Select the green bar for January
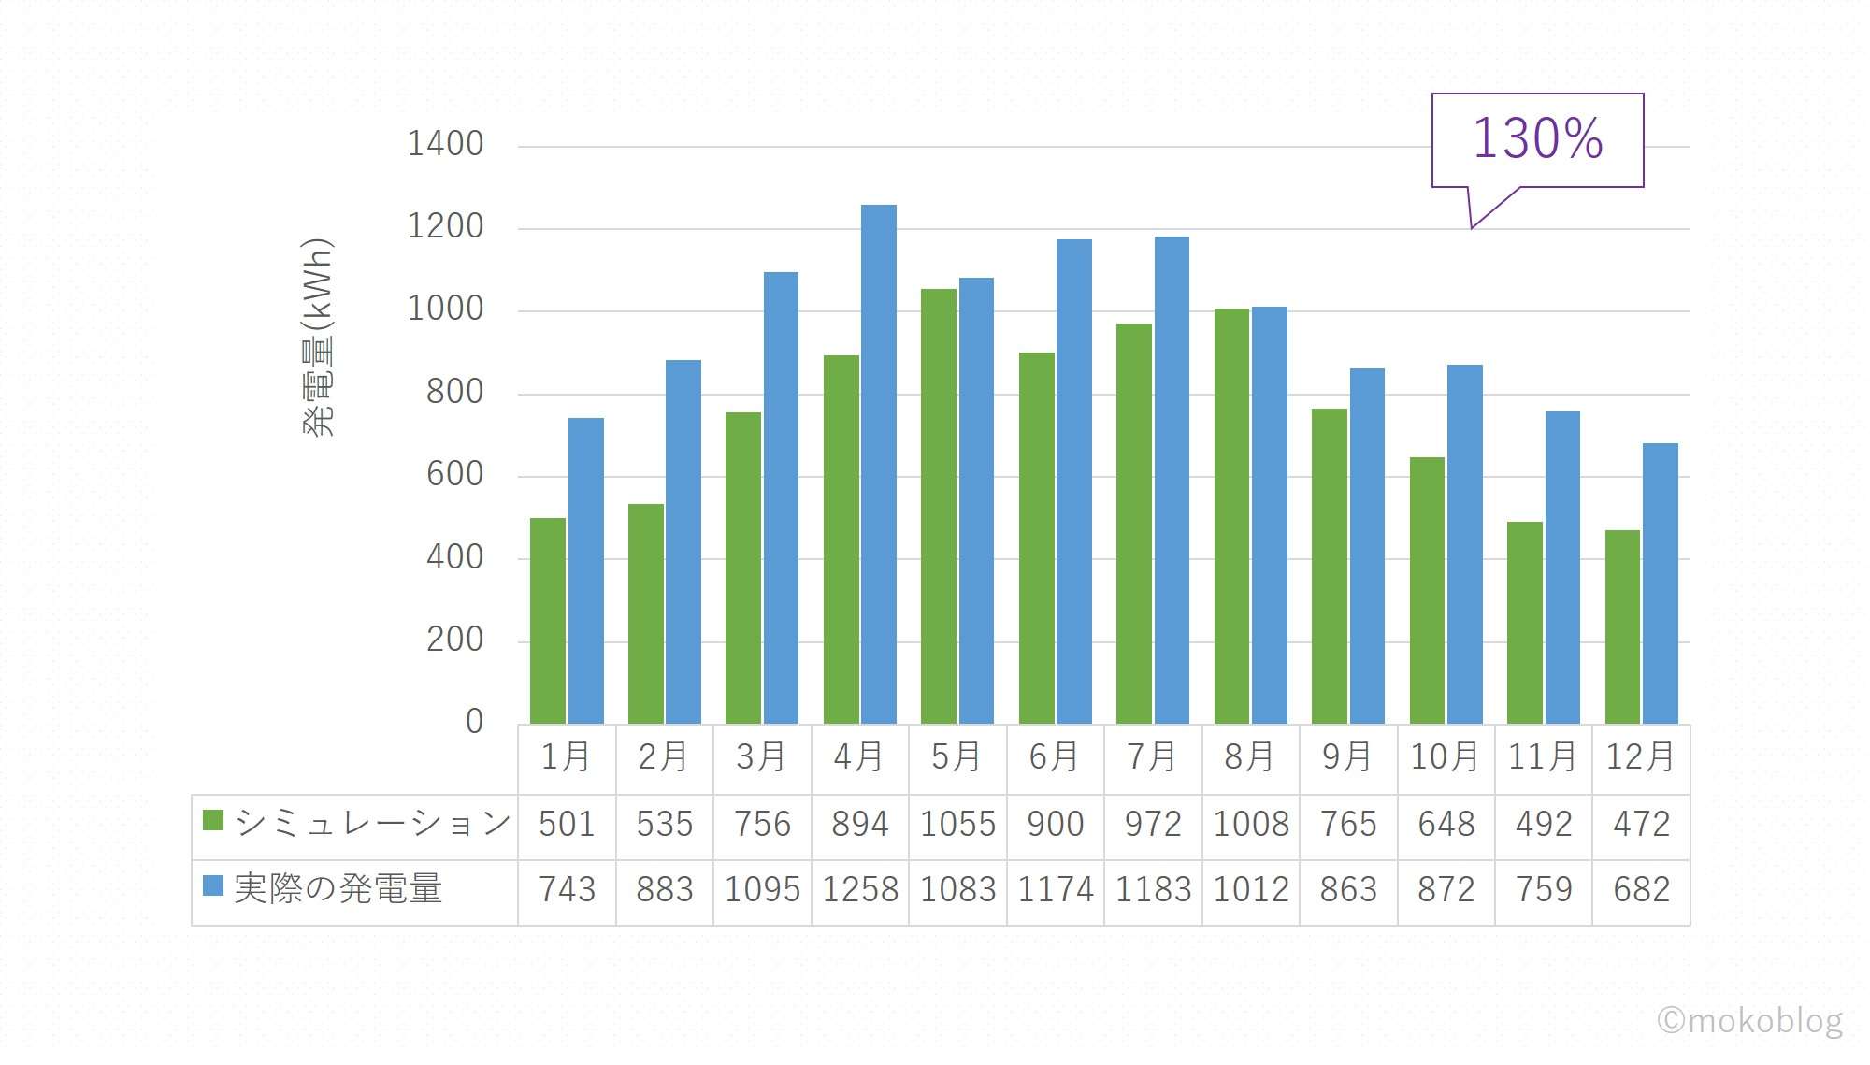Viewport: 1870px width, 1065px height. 548,621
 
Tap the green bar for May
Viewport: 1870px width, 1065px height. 939,506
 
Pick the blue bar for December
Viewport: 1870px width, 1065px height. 1661,583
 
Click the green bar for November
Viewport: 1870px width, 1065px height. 1525,623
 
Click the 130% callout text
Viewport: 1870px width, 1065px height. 1537,138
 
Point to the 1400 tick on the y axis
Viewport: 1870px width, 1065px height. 445,144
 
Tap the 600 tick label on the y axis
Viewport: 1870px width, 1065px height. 454,474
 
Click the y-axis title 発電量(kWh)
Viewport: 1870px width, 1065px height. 318,338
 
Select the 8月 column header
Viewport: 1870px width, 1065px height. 1250,757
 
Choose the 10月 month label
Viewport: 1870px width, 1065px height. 1446,757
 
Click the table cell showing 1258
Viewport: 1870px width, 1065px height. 860,890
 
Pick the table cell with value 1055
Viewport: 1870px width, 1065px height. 957,825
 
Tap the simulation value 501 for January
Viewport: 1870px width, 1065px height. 567,825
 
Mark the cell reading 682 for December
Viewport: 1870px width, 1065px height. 1641,890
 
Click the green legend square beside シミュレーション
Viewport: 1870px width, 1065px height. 213,821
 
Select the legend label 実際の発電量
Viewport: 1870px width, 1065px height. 338,888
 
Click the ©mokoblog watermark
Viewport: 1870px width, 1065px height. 1749,1020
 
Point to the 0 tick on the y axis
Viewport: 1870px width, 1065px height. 474,722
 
